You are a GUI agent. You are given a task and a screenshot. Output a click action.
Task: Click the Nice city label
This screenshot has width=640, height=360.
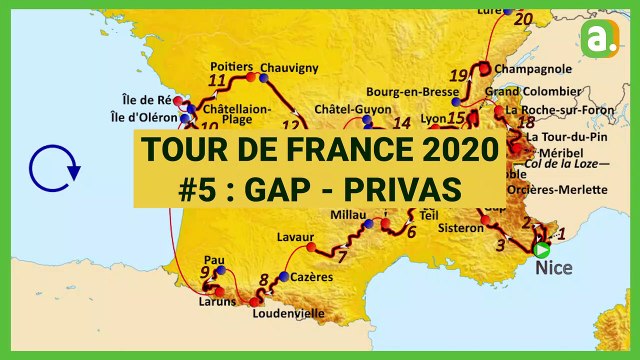[554, 268]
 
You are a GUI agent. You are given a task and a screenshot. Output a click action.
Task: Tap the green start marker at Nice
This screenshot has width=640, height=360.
[542, 250]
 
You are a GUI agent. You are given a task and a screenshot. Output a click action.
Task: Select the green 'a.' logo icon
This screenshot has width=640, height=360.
[599, 41]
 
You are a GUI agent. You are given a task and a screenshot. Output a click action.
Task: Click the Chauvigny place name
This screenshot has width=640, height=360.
[289, 68]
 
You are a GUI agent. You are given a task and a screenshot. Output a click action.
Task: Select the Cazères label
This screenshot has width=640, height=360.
[312, 277]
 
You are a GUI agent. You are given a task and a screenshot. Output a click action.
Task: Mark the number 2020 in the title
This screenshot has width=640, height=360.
[446, 152]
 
